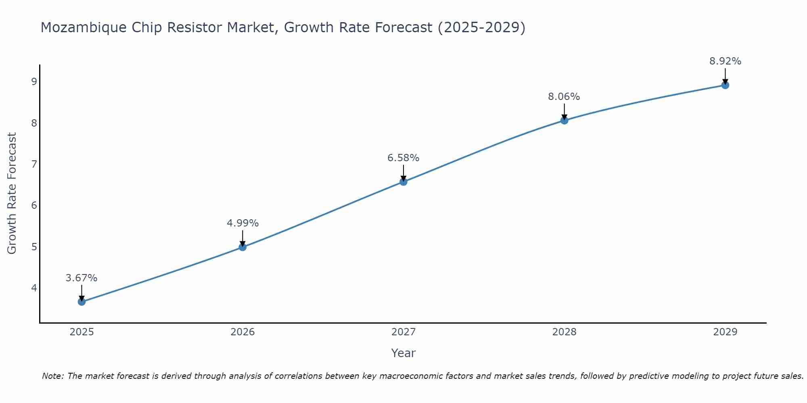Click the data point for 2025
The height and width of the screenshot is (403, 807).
coord(82,301)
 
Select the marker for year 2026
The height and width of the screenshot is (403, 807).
coord(243,247)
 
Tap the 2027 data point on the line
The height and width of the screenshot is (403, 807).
coord(403,182)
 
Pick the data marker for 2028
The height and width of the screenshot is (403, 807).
coord(564,120)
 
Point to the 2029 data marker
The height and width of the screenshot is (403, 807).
coord(725,85)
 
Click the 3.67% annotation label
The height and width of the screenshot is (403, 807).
coord(82,278)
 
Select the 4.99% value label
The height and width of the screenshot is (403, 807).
coord(243,223)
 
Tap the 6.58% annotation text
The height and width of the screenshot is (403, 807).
coord(403,158)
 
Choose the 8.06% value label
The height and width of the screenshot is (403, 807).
coord(564,97)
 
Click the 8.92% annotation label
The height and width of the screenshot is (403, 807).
coord(725,61)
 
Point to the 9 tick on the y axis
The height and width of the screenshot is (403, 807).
coord(34,81)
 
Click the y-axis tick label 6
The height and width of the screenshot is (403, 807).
coord(34,205)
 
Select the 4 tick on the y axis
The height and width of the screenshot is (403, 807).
coord(34,288)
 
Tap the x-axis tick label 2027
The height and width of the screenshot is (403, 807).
coord(403,332)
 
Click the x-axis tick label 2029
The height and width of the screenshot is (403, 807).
coord(725,332)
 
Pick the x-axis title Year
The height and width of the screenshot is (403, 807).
coord(403,353)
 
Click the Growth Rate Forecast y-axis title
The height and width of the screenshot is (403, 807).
coord(12,193)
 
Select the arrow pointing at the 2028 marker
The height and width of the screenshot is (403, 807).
coord(564,111)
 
